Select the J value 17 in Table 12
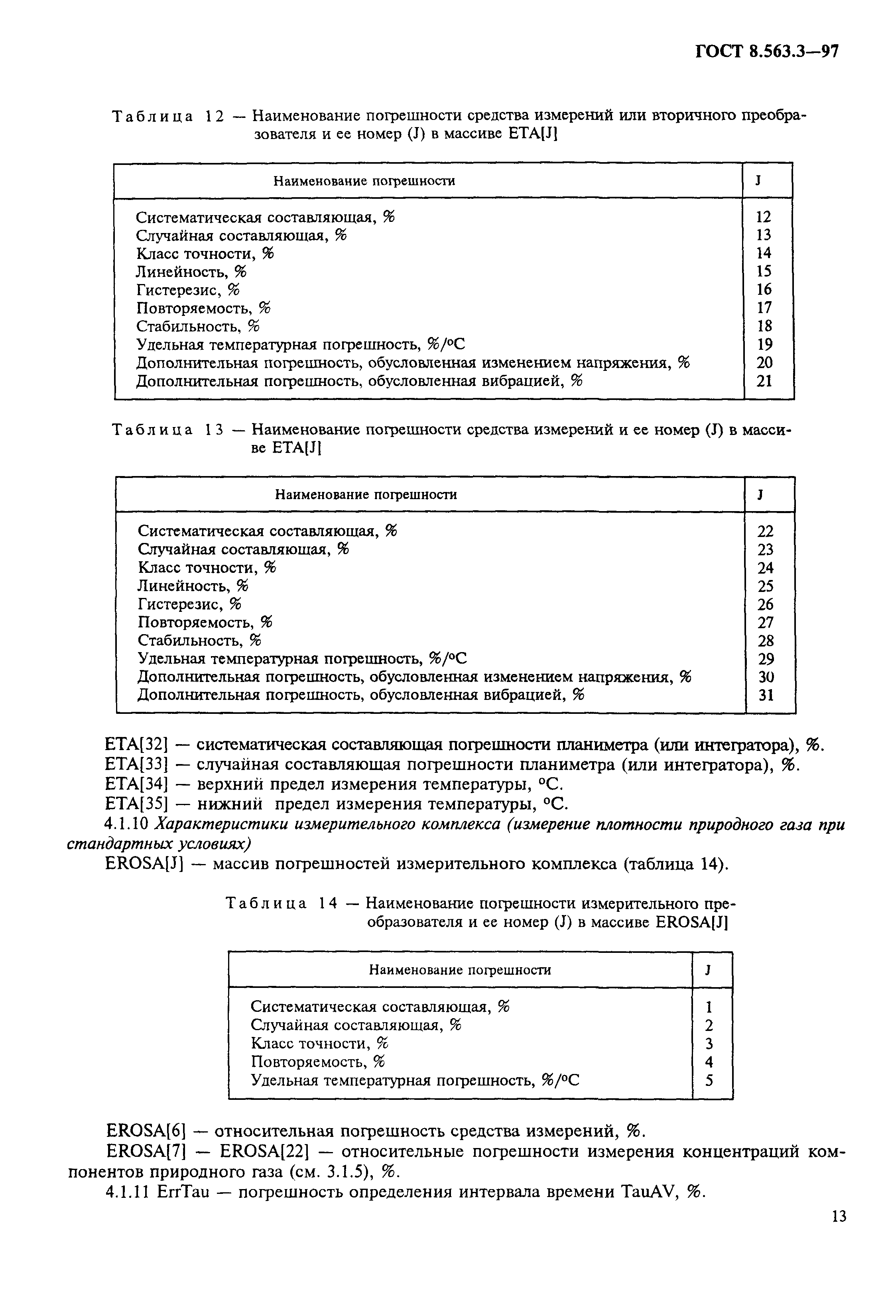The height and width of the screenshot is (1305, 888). tap(764, 308)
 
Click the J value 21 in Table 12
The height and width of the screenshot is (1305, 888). tap(764, 381)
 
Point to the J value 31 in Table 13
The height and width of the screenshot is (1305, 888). tap(766, 695)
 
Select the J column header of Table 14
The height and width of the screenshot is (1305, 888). tap(709, 970)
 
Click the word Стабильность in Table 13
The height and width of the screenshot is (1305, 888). tap(191, 640)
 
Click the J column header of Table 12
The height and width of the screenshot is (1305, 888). tap(758, 181)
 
